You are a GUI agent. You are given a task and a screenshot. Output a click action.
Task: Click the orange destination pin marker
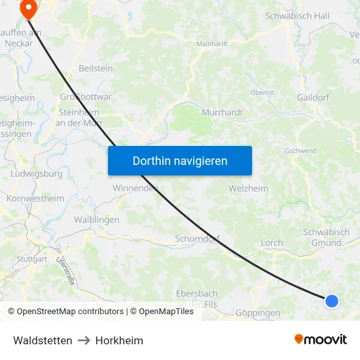click(29, 8)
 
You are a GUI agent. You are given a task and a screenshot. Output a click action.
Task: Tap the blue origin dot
click(332, 301)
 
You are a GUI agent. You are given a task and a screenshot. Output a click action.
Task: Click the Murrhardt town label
click(223, 112)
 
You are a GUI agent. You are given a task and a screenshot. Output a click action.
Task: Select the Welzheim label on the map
click(249, 189)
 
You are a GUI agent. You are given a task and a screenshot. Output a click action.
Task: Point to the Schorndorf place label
click(197, 239)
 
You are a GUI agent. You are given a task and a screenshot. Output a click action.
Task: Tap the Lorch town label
click(272, 243)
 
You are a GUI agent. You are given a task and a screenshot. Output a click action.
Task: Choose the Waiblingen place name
click(96, 220)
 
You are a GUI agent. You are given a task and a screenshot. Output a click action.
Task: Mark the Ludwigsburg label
click(37, 174)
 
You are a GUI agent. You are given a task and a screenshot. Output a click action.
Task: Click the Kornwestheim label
click(35, 198)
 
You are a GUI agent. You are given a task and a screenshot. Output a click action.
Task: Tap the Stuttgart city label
click(32, 259)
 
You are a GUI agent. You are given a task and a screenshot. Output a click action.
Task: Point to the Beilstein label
click(96, 68)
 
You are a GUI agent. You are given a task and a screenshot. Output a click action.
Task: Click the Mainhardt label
click(212, 44)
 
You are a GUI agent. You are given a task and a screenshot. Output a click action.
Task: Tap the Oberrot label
click(262, 92)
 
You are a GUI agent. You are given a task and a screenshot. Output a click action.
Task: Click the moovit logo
click(321, 339)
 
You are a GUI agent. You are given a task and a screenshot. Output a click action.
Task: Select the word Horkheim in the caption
click(119, 340)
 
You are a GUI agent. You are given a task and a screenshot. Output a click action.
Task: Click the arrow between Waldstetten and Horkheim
click(84, 340)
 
